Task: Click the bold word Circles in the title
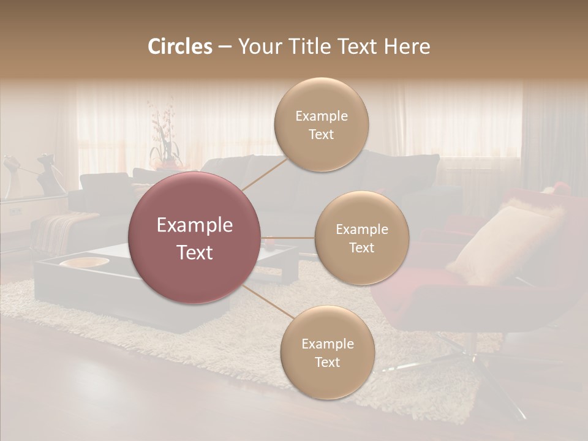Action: click(179, 47)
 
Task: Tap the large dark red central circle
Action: click(194, 238)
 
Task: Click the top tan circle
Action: click(321, 124)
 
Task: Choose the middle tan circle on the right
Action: click(361, 238)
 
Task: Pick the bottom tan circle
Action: click(327, 352)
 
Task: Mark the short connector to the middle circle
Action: click(288, 238)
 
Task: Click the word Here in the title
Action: click(407, 47)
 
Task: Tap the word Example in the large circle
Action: click(194, 225)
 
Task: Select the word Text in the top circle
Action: click(321, 134)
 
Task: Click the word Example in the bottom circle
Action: click(327, 344)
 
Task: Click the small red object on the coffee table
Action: click(269, 244)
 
